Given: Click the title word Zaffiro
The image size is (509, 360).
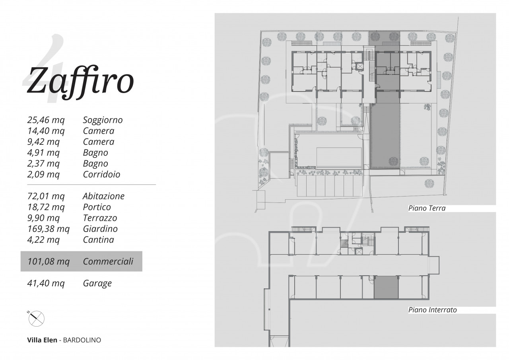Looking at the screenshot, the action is [80, 82].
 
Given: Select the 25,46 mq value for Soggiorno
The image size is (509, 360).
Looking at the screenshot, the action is [46, 120].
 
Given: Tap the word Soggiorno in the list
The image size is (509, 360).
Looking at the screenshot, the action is [103, 120].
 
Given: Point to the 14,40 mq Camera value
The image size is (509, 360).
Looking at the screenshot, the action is [46, 131].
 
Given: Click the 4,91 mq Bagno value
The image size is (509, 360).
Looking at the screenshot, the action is [43, 152].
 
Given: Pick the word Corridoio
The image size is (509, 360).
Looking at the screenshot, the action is [101, 174].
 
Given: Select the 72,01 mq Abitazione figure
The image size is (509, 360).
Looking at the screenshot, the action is [46, 196].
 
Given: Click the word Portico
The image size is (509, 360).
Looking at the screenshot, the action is [97, 207].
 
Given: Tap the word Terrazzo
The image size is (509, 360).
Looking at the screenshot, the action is [100, 218].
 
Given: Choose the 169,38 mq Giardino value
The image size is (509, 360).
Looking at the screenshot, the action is [49, 229].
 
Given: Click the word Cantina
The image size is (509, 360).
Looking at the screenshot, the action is [98, 239].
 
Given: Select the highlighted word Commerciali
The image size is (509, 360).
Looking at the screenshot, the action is [108, 261].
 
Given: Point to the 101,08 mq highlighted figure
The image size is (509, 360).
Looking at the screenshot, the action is [49, 261].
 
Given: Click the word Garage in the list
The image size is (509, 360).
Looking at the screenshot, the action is [97, 283].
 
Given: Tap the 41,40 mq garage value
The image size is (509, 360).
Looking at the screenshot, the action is [46, 283].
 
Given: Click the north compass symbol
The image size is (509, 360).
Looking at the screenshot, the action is [36, 318].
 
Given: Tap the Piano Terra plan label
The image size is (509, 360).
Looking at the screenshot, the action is [427, 208].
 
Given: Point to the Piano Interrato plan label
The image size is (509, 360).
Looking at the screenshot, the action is [432, 310].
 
